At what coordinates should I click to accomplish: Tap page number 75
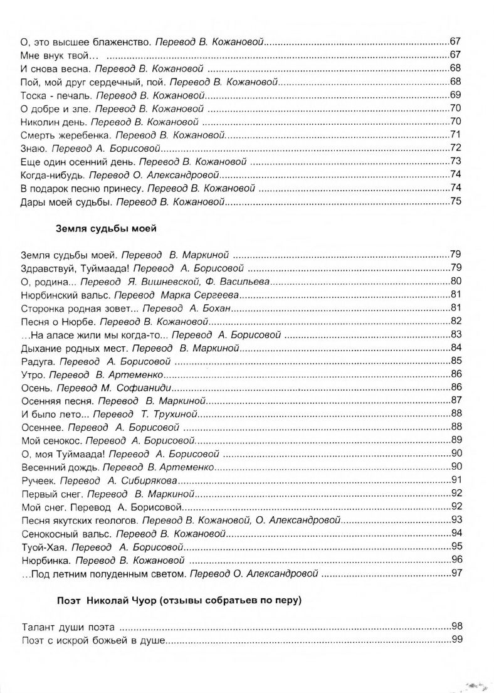point(456,203)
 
